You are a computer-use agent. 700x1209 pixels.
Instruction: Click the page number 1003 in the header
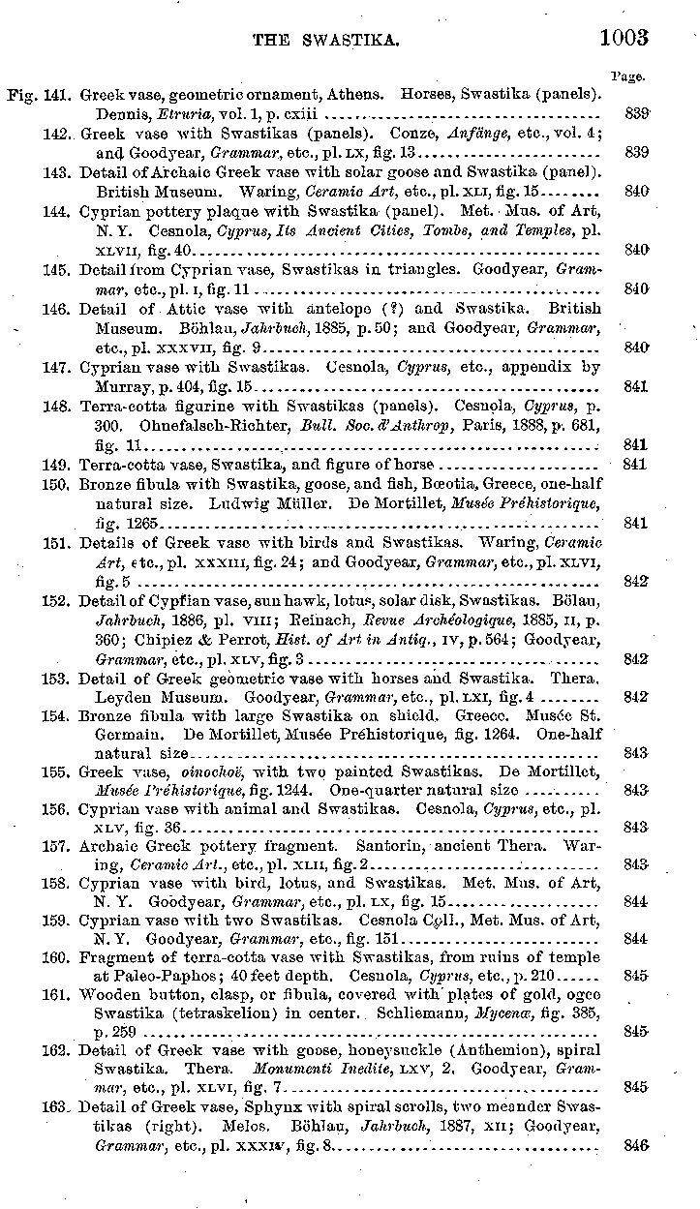623,38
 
